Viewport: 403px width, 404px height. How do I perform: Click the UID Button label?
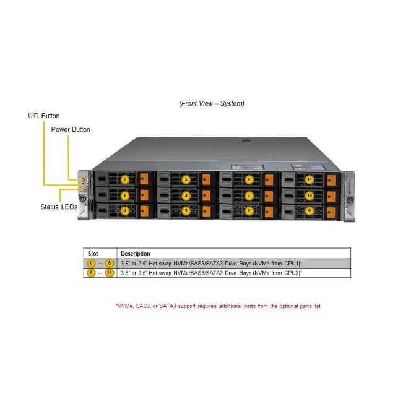[x=43, y=116]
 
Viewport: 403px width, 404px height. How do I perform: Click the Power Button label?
[x=71, y=129]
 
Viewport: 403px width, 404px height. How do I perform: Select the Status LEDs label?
[x=59, y=207]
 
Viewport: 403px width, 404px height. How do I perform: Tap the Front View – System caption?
[x=212, y=103]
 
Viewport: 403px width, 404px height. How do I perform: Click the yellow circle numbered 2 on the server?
[x=125, y=180]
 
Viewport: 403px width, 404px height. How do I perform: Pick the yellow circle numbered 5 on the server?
[x=186, y=180]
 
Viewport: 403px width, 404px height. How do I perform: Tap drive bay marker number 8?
[x=249, y=180]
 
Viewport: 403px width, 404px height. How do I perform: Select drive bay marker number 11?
[x=310, y=180]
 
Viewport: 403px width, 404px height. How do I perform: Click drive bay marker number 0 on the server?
[x=125, y=211]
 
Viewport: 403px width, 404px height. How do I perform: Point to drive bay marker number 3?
[x=186, y=211]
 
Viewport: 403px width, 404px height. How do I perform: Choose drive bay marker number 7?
[x=249, y=196]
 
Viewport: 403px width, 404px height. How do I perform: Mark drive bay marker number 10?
[x=310, y=196]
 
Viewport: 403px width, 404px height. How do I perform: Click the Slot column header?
[x=93, y=253]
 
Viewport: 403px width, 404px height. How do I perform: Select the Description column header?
[x=135, y=253]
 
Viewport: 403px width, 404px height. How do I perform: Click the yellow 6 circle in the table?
[x=92, y=273]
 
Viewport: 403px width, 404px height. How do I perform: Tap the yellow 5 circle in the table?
[x=110, y=263]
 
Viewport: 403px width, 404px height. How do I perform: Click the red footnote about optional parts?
[x=218, y=306]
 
